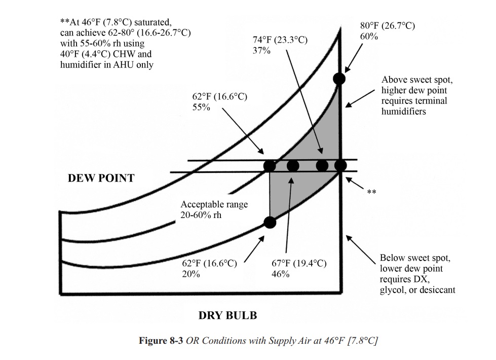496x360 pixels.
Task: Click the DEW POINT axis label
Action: tap(101, 178)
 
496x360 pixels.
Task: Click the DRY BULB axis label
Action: tap(228, 315)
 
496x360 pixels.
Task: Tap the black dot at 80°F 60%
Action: tap(339, 79)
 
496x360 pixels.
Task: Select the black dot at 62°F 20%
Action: tap(270, 223)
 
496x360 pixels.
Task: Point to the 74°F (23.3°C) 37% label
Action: tap(280, 45)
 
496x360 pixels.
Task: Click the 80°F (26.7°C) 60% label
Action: tap(388, 31)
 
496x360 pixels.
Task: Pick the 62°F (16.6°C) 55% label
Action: tap(219, 101)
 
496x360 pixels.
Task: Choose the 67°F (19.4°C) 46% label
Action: tap(299, 269)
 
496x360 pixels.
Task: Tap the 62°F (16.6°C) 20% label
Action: tap(209, 269)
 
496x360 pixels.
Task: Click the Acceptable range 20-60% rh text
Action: tap(214, 209)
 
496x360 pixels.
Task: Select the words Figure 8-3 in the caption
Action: tap(161, 341)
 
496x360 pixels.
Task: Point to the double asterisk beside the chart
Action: tap(372, 192)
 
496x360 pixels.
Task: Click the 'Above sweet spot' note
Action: tap(417, 96)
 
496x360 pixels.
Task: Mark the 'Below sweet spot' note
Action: tap(417, 274)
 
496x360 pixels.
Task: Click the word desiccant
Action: tap(439, 290)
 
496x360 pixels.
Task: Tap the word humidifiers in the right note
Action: tap(404, 112)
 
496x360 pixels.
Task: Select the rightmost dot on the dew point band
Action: tap(340, 165)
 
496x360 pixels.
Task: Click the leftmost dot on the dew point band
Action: tap(270, 166)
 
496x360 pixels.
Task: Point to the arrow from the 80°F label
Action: tap(354, 58)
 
